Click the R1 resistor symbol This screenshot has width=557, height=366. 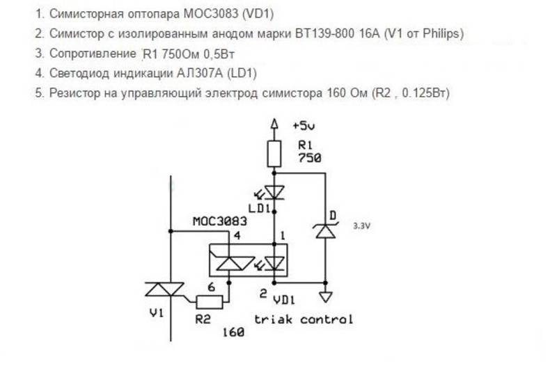pyautogui.click(x=274, y=154)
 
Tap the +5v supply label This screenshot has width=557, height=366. pyautogui.click(x=304, y=126)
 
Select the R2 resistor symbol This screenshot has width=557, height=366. pyautogui.click(x=210, y=302)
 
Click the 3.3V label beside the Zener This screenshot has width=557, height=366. pyautogui.click(x=361, y=225)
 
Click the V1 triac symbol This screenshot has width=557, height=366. pyautogui.click(x=164, y=289)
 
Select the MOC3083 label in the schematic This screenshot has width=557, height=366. pyautogui.click(x=219, y=221)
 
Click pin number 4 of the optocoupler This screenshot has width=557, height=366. pyautogui.click(x=237, y=235)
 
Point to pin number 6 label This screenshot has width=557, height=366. pyautogui.click(x=212, y=287)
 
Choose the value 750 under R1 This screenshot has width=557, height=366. pyautogui.click(x=309, y=158)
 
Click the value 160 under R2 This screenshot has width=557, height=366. pyautogui.click(x=233, y=333)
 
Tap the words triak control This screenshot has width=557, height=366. pyautogui.click(x=304, y=319)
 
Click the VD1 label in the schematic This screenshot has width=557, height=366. pyautogui.click(x=284, y=301)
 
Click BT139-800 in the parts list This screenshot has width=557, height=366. pyautogui.click(x=324, y=33)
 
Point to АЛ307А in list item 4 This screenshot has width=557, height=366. pyautogui.click(x=200, y=73)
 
